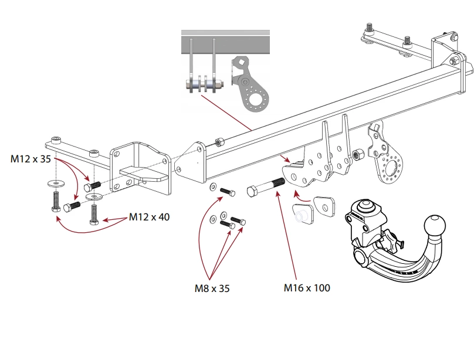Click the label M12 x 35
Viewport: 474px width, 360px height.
coord(31,158)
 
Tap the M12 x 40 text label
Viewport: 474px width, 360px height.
coord(149,217)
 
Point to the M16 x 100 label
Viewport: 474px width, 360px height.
coord(307,288)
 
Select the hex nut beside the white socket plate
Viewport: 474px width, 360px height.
coord(356,155)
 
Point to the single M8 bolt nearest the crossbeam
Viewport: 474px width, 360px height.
coord(226,191)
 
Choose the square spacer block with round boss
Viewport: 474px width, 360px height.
coord(302,214)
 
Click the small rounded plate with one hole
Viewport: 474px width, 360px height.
coord(323,206)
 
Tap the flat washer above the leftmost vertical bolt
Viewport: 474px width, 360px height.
coord(55,183)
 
